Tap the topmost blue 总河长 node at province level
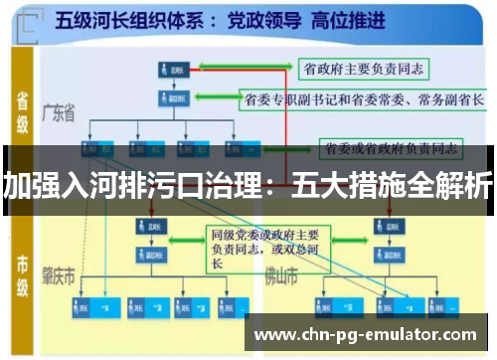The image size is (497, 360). click(172, 70)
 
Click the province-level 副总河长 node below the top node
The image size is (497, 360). click(172, 99)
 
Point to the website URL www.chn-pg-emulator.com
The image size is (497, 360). click(367, 333)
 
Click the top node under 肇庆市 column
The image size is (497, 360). click(149, 228)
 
